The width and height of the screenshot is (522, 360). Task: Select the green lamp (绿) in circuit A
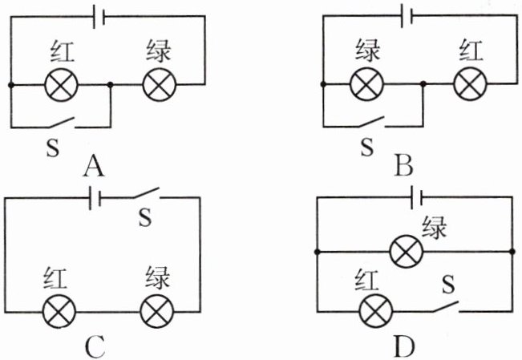156,84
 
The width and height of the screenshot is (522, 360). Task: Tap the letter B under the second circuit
403,166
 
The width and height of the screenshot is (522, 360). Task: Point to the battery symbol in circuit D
416,197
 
